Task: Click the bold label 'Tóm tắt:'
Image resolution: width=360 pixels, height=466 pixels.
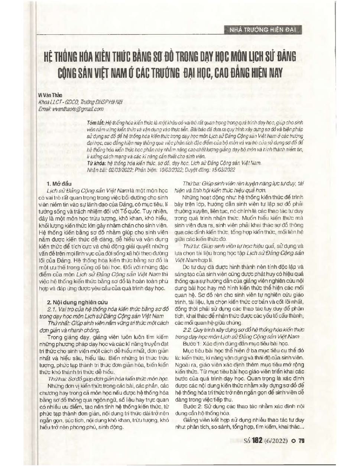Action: tap(95, 122)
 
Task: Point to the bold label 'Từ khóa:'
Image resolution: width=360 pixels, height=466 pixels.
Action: tap(96, 163)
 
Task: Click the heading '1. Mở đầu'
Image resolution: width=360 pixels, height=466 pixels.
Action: tap(59, 184)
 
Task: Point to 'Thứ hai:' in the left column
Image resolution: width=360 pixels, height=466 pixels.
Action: tap(57, 378)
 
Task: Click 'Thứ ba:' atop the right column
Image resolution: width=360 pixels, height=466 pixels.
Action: tap(191, 184)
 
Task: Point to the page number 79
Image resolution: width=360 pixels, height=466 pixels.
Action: tap(301, 441)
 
